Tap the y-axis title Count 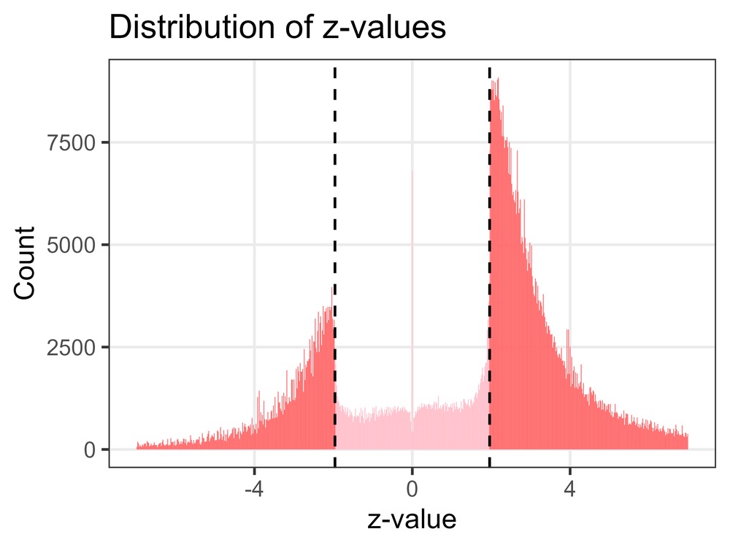25,265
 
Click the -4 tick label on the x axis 253,487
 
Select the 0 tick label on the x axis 412,487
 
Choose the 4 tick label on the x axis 570,487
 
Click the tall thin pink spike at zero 412,219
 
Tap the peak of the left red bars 332,289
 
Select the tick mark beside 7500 105,142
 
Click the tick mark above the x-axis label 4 570,470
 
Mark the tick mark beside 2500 105,347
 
